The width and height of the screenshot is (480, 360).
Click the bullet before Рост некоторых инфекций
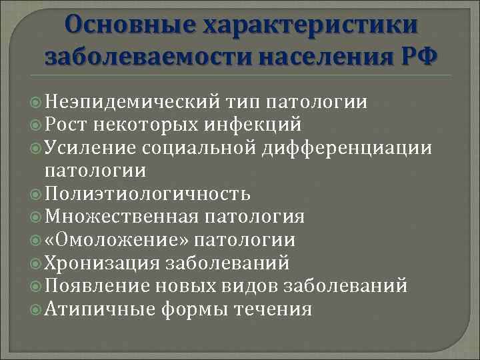[36, 124]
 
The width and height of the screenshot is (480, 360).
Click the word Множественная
[121, 217]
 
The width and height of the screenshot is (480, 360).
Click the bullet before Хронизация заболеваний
[36, 263]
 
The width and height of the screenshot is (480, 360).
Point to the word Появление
[97, 286]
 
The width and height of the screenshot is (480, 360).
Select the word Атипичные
[100, 309]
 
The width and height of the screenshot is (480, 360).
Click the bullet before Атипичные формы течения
[36, 309]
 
